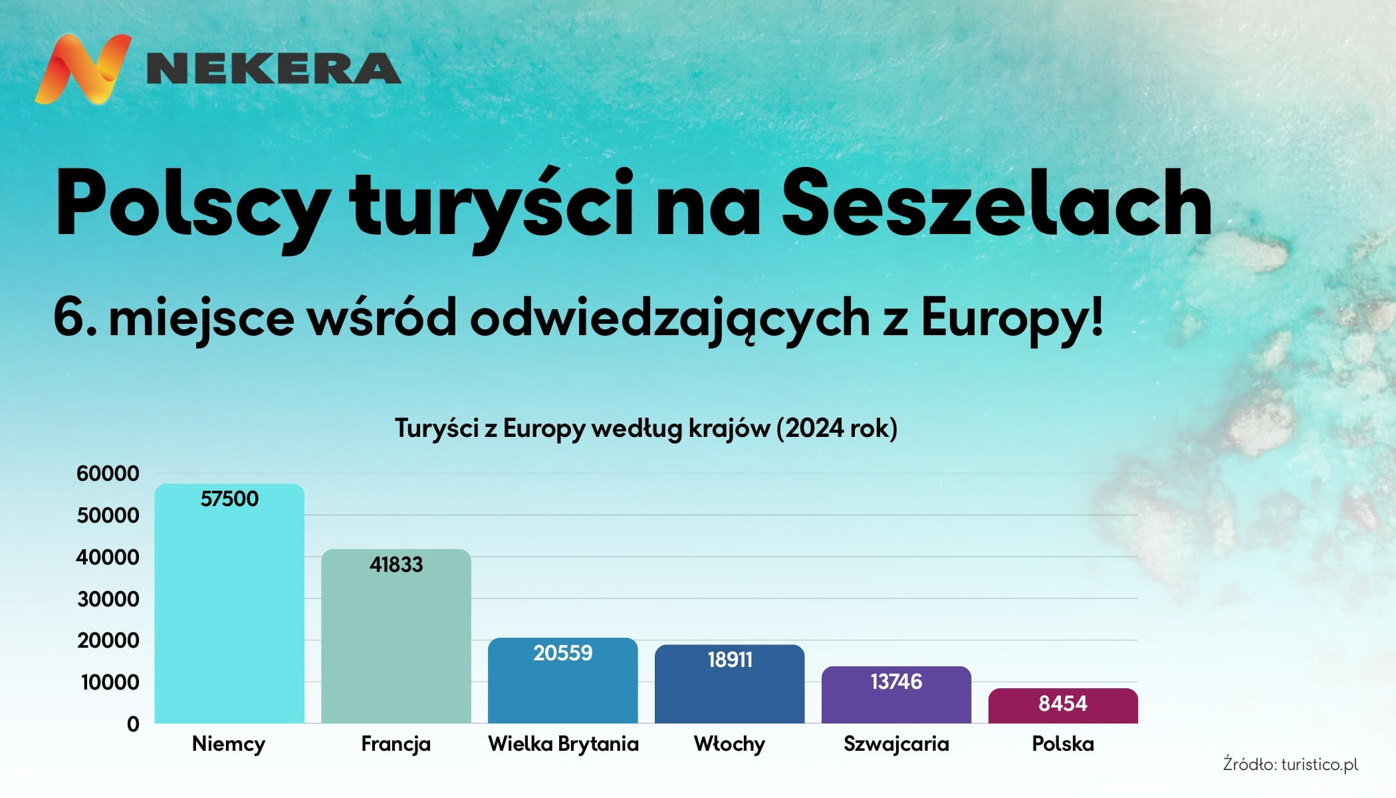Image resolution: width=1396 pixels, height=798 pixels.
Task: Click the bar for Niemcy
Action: pyautogui.click(x=229, y=603)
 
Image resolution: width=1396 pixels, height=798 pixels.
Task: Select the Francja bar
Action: pyautogui.click(x=396, y=636)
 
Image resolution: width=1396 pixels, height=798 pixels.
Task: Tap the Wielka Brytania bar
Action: pyautogui.click(x=563, y=680)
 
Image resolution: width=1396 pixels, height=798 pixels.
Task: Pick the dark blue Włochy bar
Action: pyautogui.click(x=730, y=684)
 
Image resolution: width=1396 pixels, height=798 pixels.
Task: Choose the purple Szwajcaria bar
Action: pyautogui.click(x=897, y=695)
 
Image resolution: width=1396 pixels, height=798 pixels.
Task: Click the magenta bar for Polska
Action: pyautogui.click(x=1063, y=706)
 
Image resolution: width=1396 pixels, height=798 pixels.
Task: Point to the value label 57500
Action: pyautogui.click(x=229, y=499)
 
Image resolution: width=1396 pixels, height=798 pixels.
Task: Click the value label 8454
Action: pyautogui.click(x=1063, y=704)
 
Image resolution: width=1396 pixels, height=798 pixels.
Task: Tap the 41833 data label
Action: pyautogui.click(x=396, y=565)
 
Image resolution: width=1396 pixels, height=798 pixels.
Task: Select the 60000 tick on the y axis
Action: pyautogui.click(x=108, y=473)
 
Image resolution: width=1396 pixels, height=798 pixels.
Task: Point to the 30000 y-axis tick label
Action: pyautogui.click(x=108, y=599)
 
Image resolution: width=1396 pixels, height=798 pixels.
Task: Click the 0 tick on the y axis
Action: pyautogui.click(x=133, y=724)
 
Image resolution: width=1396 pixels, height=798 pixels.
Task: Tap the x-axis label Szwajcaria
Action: pyautogui.click(x=896, y=743)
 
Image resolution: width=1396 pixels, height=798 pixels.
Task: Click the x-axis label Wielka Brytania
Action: pyautogui.click(x=563, y=743)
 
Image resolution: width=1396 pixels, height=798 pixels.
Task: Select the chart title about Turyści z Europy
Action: pyautogui.click(x=646, y=428)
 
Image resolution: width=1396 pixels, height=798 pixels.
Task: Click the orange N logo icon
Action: pyautogui.click(x=83, y=69)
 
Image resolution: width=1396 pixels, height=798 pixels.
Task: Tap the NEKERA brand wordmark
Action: pyautogui.click(x=273, y=68)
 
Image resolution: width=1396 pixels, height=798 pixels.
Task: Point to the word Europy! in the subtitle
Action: pyautogui.click(x=1012, y=318)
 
